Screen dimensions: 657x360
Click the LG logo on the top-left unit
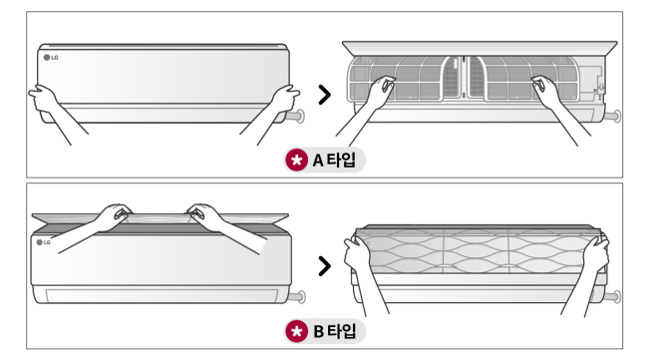51,58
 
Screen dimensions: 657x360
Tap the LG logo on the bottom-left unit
43,242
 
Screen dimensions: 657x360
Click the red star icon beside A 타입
297,160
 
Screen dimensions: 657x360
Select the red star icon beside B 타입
297,331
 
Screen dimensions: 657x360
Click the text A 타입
334,160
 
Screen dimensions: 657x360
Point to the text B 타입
335,331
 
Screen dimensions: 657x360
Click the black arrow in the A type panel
324,95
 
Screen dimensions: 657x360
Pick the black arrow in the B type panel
324,266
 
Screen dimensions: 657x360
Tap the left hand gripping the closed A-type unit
43,99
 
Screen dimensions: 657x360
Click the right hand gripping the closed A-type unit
285,99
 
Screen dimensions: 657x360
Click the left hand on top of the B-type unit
114,215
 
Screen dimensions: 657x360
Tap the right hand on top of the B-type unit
206,215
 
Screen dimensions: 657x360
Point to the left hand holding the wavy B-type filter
357,255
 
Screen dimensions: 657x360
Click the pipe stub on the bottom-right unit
613,297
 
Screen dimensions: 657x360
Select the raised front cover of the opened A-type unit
480,48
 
